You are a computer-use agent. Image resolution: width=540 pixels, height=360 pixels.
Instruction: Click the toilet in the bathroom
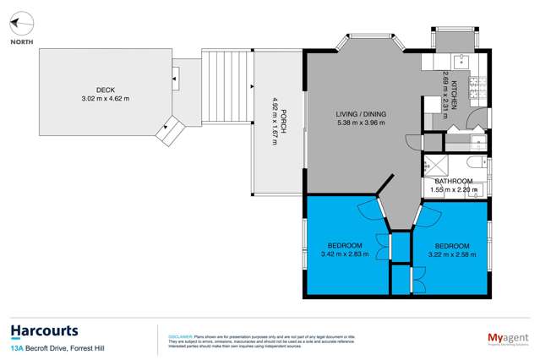click(x=478, y=161)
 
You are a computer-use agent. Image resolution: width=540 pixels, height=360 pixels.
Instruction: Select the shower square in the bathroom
click(x=438, y=165)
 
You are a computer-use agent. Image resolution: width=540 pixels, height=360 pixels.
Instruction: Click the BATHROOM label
click(x=454, y=181)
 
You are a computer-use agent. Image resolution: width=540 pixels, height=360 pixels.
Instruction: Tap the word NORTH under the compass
click(x=22, y=41)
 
